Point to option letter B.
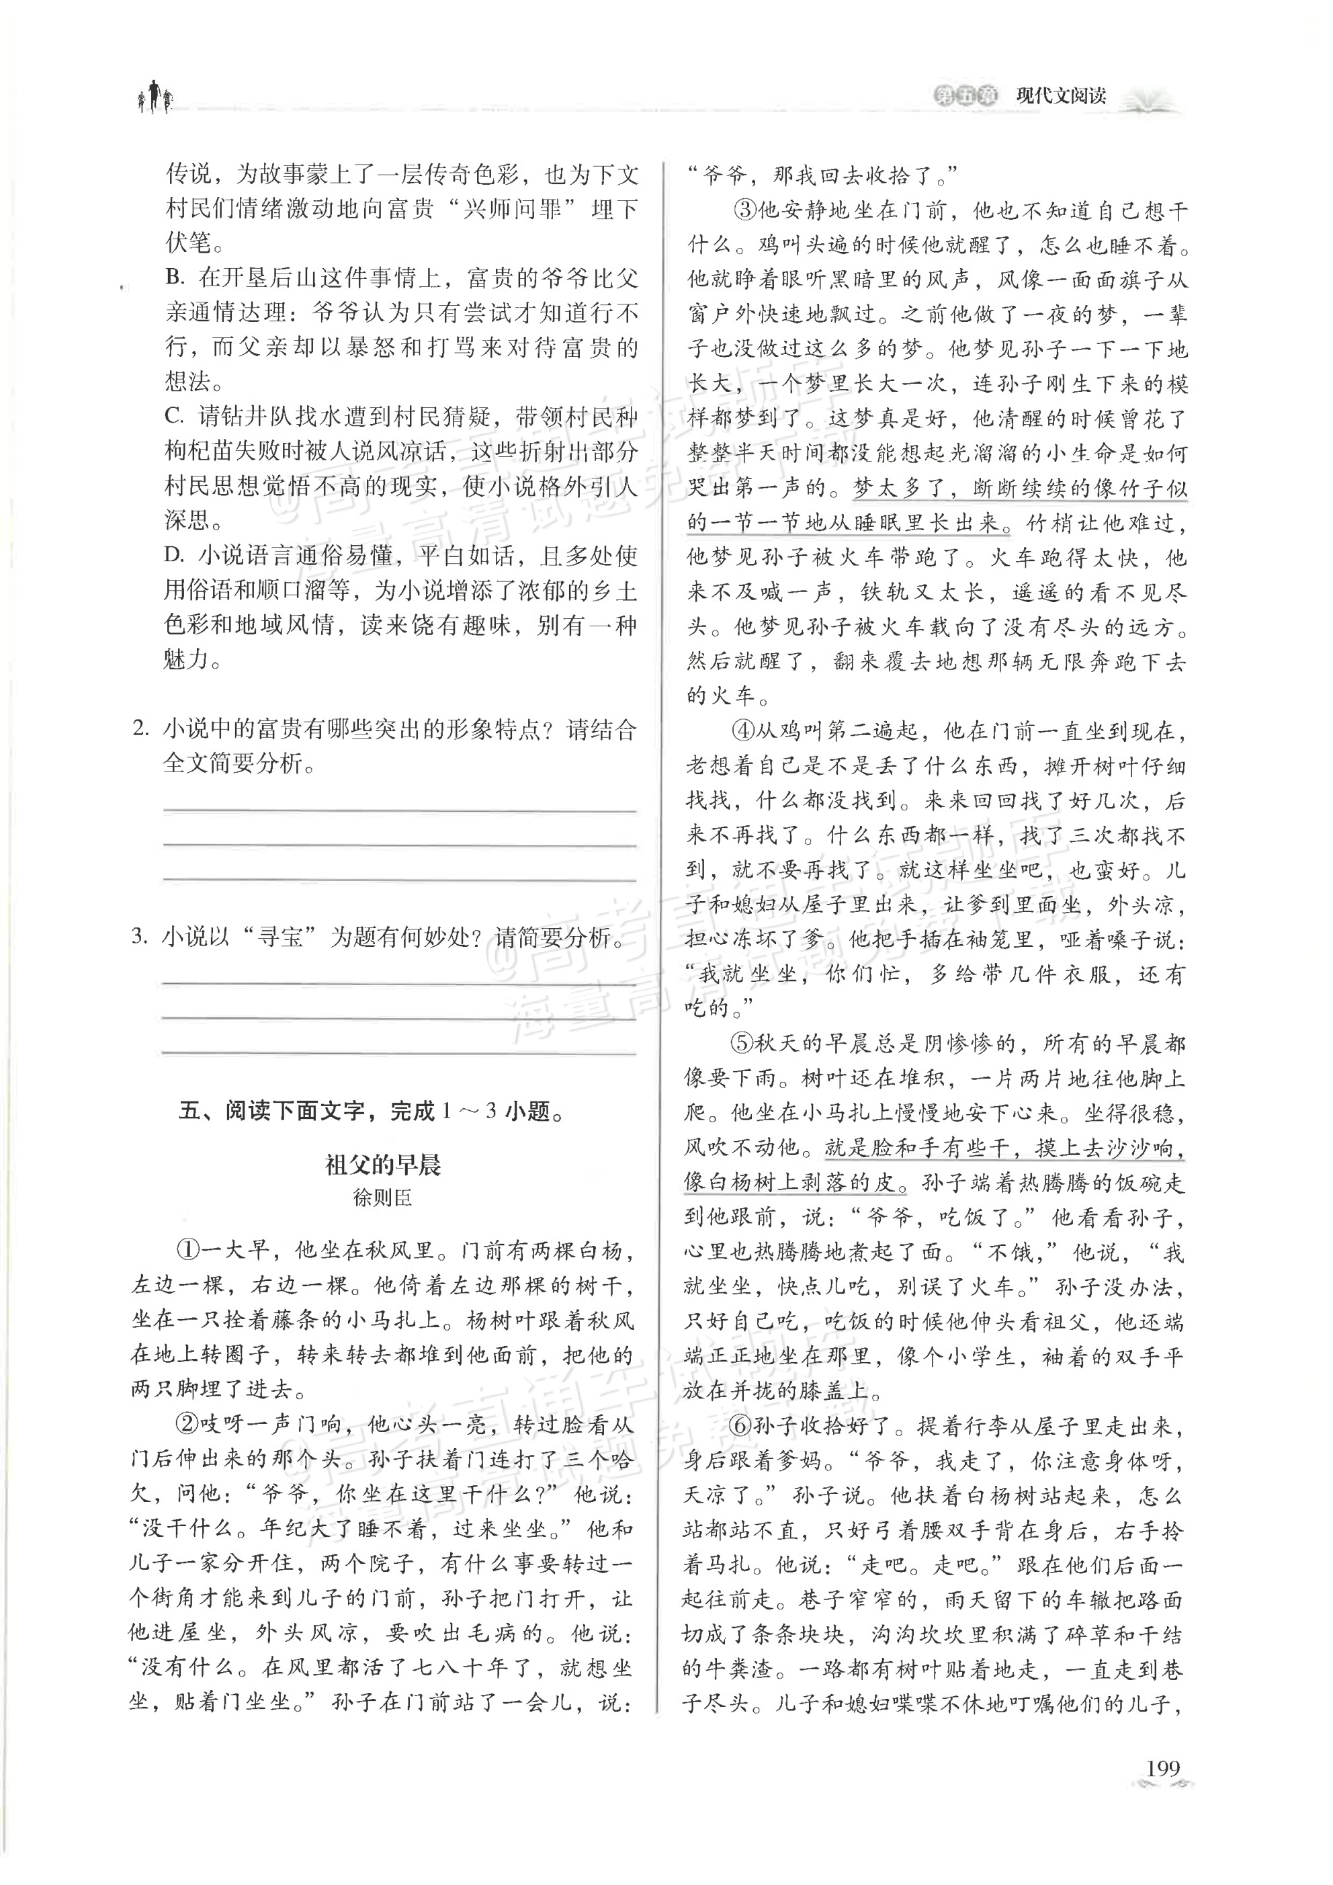pyautogui.click(x=174, y=278)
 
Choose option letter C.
pyautogui.click(x=174, y=416)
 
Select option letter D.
pyautogui.click(x=174, y=555)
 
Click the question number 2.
pyautogui.click(x=140, y=729)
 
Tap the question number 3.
pyautogui.click(x=140, y=937)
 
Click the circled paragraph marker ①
pyautogui.click(x=188, y=1251)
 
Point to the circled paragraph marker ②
pyautogui.click(x=188, y=1423)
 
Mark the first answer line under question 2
pyautogui.click(x=400, y=810)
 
